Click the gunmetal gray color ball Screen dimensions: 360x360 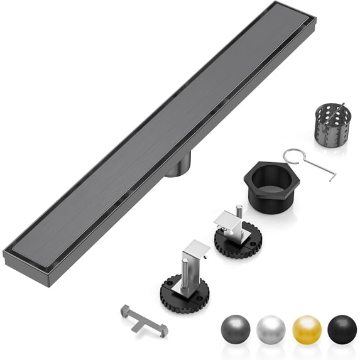[x=236, y=328]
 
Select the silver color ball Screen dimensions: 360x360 [x=271, y=328]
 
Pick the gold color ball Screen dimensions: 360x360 [x=307, y=328]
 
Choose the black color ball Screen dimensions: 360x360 [x=342, y=328]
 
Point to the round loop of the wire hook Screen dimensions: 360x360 [x=289, y=155]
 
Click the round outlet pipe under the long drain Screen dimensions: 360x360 [x=178, y=167]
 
